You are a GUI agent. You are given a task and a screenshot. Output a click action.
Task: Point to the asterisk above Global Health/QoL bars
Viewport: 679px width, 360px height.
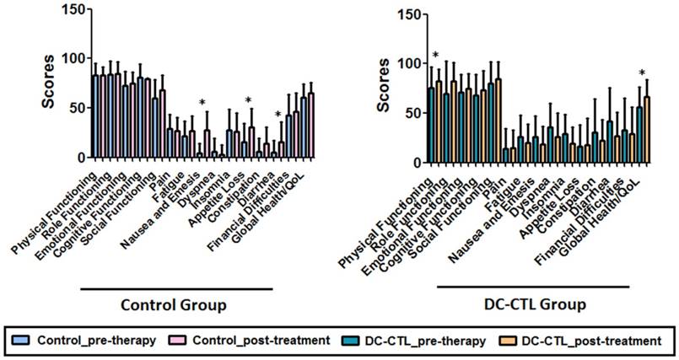(642, 73)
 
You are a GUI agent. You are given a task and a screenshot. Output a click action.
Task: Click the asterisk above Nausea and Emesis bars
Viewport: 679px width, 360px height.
(203, 104)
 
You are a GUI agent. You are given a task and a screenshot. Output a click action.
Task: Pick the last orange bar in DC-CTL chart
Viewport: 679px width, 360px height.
(647, 126)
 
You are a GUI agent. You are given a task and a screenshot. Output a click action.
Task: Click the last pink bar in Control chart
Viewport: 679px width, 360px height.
(310, 125)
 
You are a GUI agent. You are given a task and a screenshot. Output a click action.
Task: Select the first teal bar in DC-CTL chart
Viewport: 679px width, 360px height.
(430, 122)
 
